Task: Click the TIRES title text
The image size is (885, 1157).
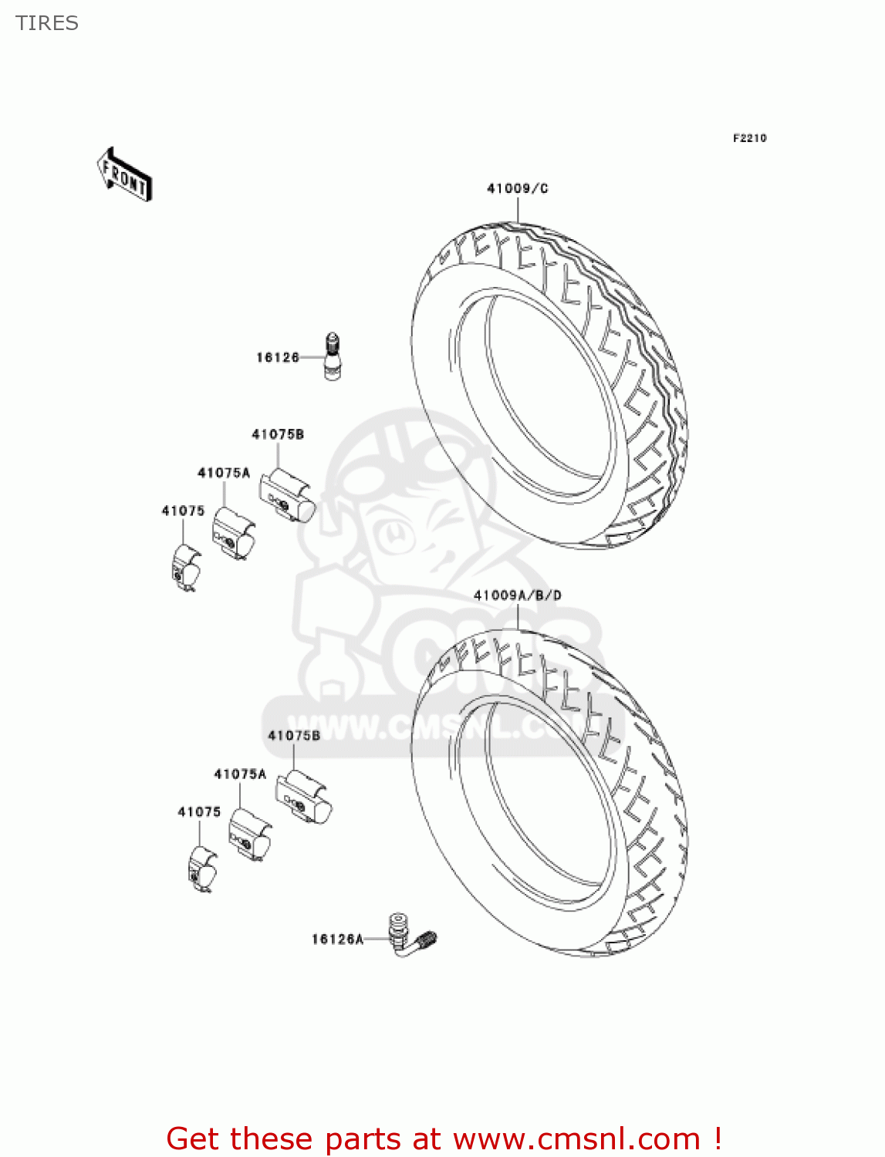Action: coord(47,23)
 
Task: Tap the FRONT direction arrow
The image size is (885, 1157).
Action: coord(124,175)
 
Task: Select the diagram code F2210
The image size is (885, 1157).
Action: coord(749,138)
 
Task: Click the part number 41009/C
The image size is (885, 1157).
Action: coord(517,188)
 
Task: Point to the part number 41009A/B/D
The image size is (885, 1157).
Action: coord(517,595)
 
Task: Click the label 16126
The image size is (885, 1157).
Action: coord(278,357)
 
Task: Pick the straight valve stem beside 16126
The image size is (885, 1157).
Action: coord(333,357)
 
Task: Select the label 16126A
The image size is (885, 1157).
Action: coord(337,939)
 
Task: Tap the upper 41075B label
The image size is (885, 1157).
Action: coord(278,434)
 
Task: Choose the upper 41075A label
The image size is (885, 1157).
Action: coord(224,473)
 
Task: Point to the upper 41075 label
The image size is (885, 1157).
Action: coord(183,511)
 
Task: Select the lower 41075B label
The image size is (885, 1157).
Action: coord(294,736)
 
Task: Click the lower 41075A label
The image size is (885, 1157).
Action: coord(240,774)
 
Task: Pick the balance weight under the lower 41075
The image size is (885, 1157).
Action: coord(202,869)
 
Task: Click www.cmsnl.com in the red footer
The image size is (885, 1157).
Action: coord(576,1138)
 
